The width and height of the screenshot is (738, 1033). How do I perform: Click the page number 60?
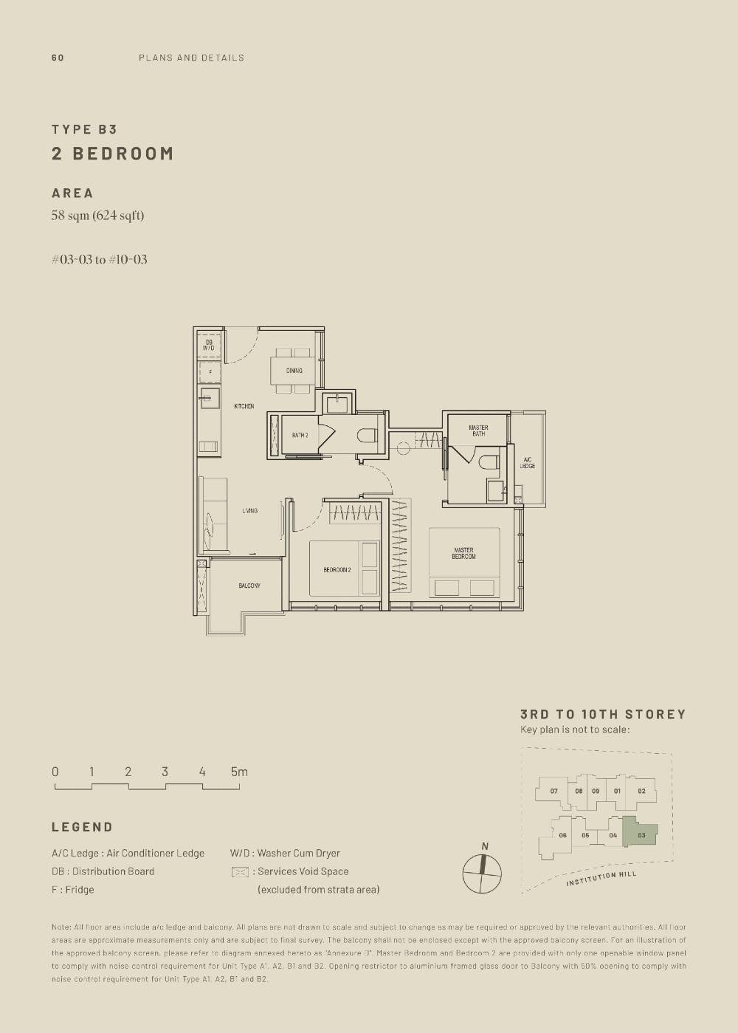tap(58, 58)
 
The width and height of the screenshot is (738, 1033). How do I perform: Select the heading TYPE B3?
tap(84, 129)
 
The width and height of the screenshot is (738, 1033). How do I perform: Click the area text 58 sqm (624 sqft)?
tap(97, 216)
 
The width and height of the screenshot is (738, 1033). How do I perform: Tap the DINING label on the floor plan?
tap(294, 371)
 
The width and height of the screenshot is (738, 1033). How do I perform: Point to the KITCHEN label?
tap(244, 406)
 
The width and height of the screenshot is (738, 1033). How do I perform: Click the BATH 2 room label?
tap(300, 436)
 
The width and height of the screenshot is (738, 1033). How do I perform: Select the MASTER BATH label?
tap(478, 430)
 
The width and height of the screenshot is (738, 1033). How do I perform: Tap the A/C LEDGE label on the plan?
tap(528, 463)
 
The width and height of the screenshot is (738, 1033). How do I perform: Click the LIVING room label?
tap(249, 511)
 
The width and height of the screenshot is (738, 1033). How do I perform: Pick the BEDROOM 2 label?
tap(337, 570)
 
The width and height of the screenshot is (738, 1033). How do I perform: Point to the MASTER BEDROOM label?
tap(463, 553)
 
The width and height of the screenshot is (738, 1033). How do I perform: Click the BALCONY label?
tap(249, 586)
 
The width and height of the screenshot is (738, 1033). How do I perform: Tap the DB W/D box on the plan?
tap(209, 345)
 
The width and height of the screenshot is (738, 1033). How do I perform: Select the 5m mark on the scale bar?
tap(238, 772)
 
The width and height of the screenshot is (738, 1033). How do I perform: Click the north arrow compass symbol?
tap(482, 874)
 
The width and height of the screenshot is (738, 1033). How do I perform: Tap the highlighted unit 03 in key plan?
tap(641, 835)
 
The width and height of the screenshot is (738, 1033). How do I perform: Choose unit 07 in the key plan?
tap(553, 791)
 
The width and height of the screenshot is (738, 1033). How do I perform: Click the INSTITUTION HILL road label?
tap(601, 879)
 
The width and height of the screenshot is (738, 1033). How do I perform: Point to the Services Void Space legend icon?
tap(240, 872)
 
